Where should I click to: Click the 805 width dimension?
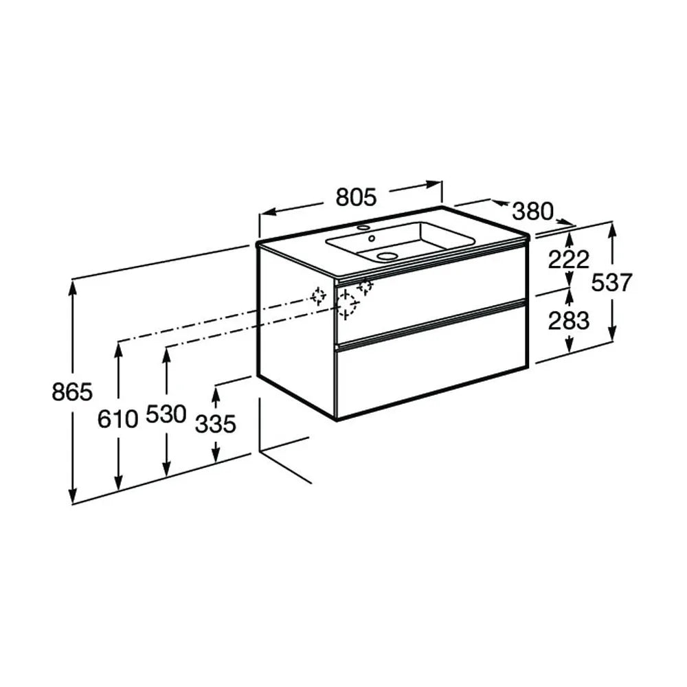pos(356,197)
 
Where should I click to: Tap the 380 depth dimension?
pos(533,212)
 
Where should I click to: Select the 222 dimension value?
pos(569,260)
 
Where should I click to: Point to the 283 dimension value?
pos(569,321)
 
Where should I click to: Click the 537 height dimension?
pos(611,282)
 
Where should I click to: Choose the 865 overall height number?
pos(72,392)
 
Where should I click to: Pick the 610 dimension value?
pos(117,419)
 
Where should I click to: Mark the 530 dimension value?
pos(166,414)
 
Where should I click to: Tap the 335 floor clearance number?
pos(216,424)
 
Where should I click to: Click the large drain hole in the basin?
pos(386,256)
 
